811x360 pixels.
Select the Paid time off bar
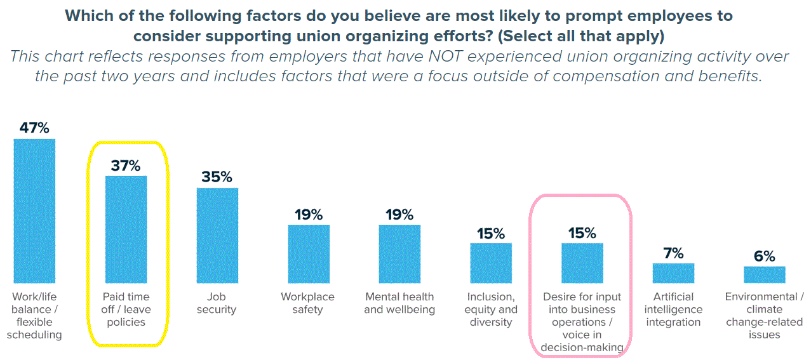pos(126,229)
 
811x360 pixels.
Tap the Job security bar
pos(217,235)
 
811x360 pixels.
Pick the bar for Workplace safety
pos(309,253)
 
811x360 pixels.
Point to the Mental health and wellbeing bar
pos(399,253)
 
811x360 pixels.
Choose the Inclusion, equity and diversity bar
pos(491,263)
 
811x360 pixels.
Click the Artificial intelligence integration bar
pos(673,273)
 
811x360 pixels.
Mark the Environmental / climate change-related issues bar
pos(765,274)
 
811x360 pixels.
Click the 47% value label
pos(34,128)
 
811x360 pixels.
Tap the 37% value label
pos(126,166)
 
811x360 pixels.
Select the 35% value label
pos(217,177)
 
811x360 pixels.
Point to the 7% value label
pos(673,253)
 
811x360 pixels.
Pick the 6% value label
pos(765,256)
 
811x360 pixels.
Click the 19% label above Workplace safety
pos(309,215)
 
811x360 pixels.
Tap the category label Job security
pos(217,303)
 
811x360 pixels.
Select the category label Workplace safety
pos(308,303)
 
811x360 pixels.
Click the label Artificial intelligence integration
pos(673,309)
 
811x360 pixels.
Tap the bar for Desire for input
pos(582,263)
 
